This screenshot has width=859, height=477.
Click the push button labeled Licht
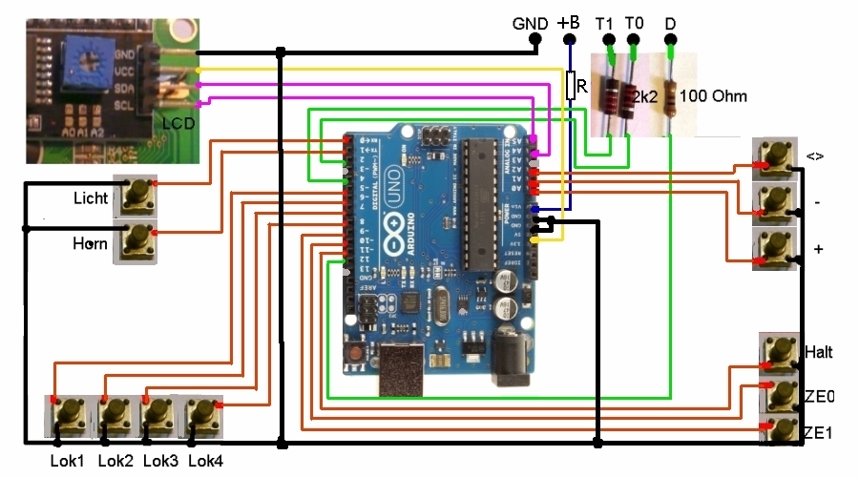point(135,197)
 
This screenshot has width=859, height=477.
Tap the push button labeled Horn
point(135,244)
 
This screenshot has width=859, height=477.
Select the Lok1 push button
point(68,416)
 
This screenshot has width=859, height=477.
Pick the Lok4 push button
point(201,416)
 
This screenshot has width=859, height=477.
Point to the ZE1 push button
point(782,429)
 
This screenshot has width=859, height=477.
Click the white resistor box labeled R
point(571,86)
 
